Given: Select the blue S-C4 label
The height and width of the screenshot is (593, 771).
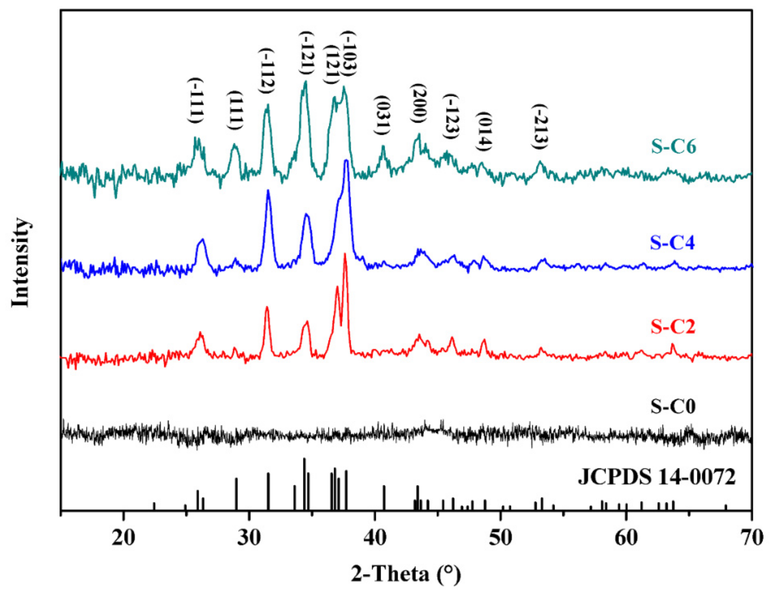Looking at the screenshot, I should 672,243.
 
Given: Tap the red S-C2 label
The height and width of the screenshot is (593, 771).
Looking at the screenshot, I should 672,327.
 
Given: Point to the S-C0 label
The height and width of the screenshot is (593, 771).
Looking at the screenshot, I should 672,407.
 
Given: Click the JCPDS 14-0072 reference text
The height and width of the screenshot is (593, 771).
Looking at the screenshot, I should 656,478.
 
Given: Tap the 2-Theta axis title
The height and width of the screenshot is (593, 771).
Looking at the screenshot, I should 406,574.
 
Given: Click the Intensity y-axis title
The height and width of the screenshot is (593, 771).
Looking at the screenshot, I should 20,263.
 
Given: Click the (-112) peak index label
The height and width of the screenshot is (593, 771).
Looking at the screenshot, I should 267,70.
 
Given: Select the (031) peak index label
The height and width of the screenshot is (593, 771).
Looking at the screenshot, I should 382,115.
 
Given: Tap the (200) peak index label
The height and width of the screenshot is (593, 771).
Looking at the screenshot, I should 419,103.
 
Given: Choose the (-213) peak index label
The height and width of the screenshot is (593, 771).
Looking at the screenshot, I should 540,126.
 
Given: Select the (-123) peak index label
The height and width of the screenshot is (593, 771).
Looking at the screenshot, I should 451,116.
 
